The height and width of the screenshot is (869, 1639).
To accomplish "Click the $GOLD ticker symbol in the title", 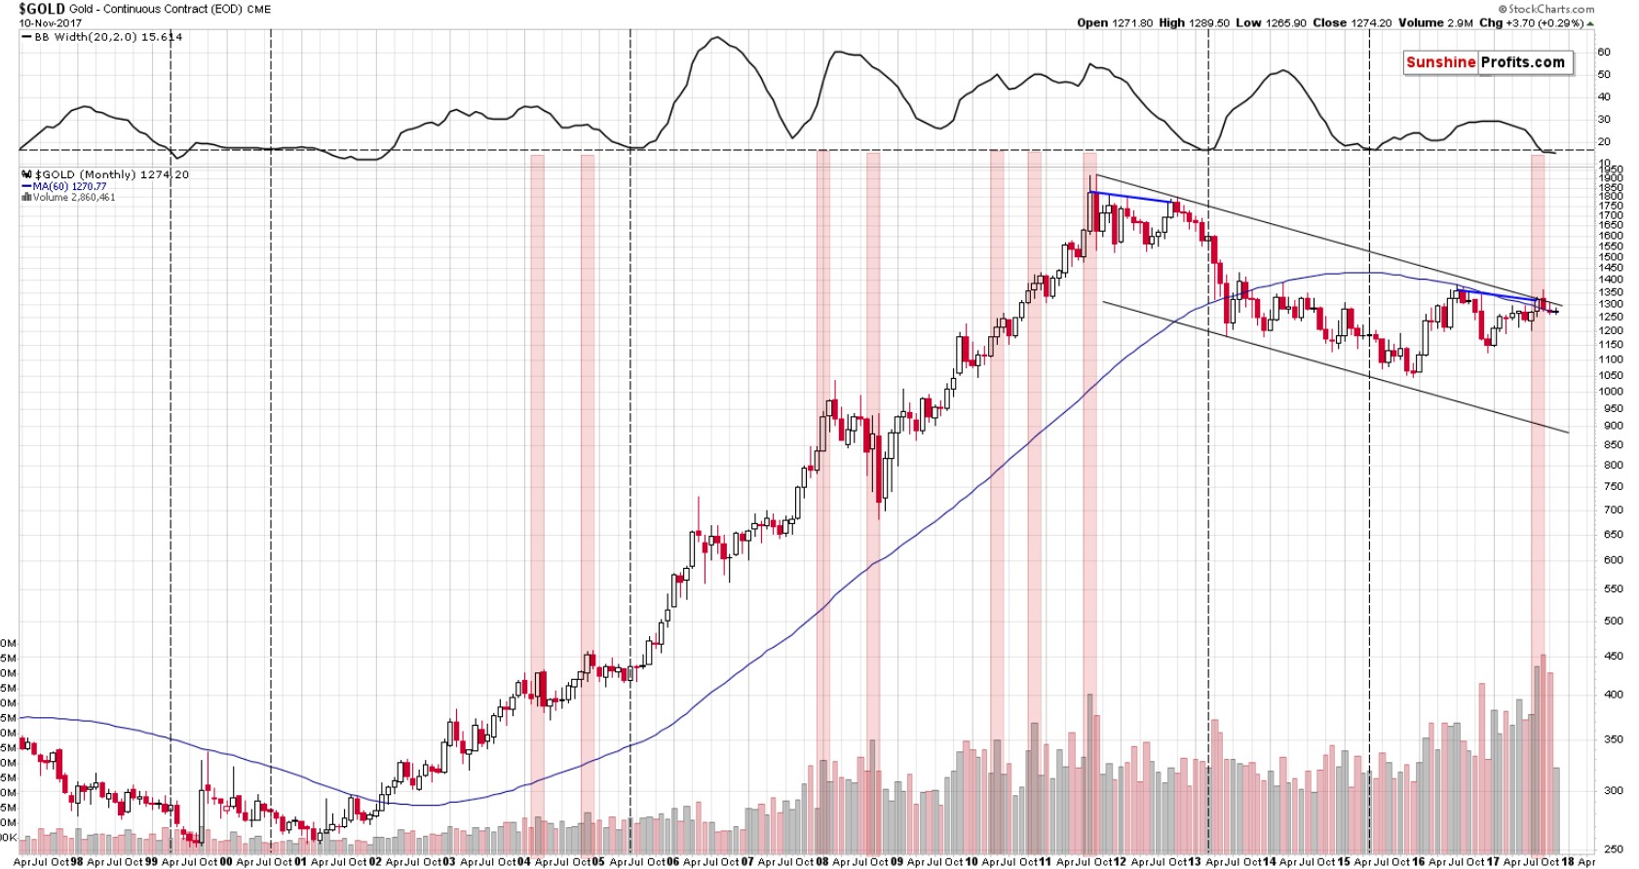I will click(42, 9).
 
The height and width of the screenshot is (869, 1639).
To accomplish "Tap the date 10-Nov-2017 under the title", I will click(51, 22).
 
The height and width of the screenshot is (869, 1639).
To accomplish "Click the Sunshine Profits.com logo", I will click(1486, 62).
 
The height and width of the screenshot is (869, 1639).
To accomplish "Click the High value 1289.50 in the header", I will click(1194, 22).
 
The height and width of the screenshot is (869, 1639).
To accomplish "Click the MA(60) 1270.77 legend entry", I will click(68, 186).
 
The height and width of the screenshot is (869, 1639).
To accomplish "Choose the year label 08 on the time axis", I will click(821, 862).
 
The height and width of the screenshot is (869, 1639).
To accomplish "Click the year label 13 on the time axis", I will click(1194, 862).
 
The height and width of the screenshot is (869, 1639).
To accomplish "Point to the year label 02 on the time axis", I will click(375, 862).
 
